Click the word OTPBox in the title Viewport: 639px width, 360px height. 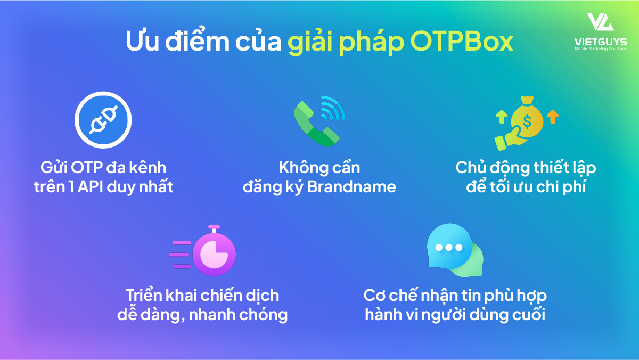point(462,42)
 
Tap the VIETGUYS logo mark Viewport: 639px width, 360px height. point(600,22)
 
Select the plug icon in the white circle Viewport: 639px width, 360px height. point(103,120)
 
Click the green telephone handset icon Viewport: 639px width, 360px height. point(316,124)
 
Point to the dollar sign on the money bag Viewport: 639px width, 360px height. point(527,121)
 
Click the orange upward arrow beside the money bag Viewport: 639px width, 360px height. point(553,117)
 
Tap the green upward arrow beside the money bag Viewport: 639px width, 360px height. point(502,117)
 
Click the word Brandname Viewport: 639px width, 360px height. point(351,187)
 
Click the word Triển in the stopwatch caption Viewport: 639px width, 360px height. point(144,295)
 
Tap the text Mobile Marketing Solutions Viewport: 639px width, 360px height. point(601,49)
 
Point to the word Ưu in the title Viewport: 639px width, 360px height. point(142,41)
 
